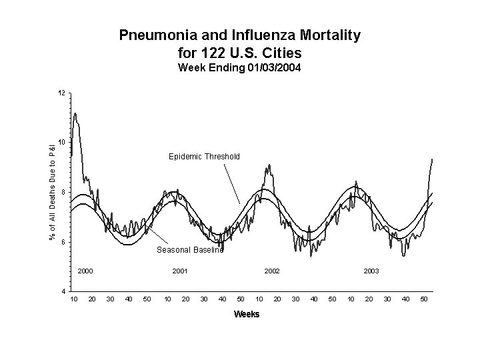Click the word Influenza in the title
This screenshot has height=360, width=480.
click(253, 35)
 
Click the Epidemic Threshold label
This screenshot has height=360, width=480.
click(205, 157)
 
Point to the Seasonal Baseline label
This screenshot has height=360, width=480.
click(190, 251)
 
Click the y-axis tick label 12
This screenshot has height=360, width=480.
click(61, 93)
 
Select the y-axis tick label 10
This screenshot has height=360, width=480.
click(61, 143)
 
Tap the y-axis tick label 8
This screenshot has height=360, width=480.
click(63, 193)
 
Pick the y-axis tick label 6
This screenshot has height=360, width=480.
click(63, 242)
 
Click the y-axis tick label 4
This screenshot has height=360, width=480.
click(63, 292)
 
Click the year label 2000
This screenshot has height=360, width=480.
click(85, 271)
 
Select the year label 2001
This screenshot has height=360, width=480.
click(179, 271)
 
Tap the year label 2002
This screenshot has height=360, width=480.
click(272, 271)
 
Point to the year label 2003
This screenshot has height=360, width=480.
click(371, 271)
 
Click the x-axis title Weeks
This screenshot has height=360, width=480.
click(246, 314)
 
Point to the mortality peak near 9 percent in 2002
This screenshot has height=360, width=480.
click(269, 165)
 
